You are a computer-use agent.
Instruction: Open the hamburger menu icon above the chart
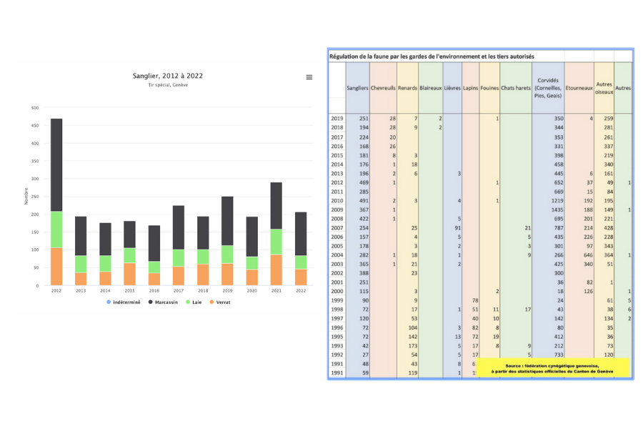309,77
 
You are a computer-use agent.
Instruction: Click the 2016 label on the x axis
154,291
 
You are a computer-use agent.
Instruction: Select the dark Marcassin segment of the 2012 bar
56,164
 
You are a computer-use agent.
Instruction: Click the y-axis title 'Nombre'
26,197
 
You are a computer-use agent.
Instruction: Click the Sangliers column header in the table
357,88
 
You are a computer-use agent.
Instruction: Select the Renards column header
407,88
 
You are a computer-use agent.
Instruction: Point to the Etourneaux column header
579,88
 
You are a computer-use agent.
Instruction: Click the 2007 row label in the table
337,227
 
